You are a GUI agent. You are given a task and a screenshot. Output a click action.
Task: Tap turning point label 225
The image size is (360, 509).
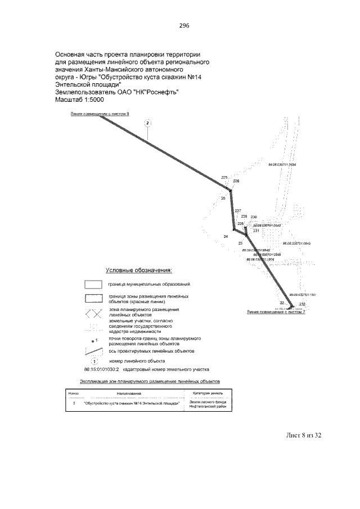point(225,178)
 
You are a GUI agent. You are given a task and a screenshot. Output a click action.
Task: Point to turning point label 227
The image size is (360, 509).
point(237,210)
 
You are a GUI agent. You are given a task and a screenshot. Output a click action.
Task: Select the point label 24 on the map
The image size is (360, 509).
point(226,237)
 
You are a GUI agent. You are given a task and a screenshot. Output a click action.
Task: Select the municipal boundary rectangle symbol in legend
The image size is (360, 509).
point(89,284)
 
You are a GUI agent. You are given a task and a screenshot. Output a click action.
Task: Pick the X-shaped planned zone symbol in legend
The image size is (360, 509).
point(89,312)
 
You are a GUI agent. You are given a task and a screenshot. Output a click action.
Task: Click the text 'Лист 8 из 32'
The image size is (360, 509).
point(301,435)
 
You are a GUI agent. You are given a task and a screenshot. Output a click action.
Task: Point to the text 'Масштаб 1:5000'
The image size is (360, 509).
point(78,99)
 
